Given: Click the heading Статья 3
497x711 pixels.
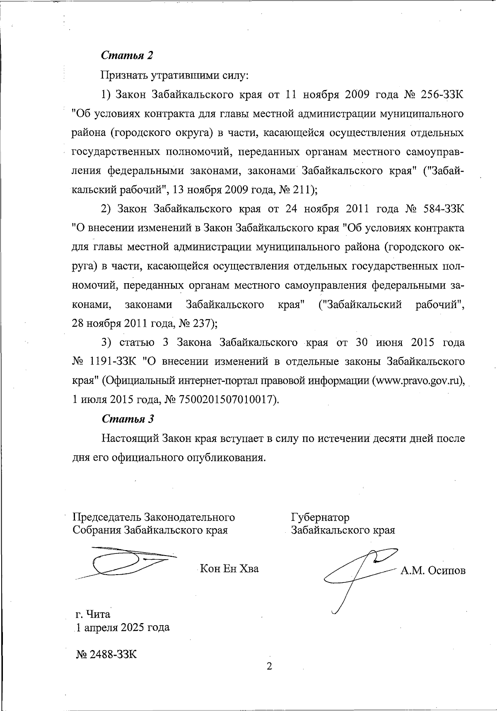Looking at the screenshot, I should coord(128,419).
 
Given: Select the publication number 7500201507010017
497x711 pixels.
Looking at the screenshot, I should coord(227,400).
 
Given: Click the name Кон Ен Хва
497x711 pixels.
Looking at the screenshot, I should coord(229,568).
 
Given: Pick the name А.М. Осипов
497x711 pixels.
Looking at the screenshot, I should coord(432,571).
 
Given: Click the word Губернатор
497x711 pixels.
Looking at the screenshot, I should coord(320,517).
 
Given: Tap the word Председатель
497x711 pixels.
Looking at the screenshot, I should coord(106,517).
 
